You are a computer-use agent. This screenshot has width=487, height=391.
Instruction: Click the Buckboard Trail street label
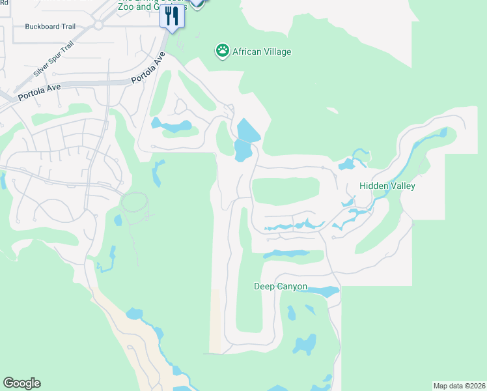pos(50,27)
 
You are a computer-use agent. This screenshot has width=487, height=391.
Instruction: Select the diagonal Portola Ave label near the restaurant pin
pos(148,68)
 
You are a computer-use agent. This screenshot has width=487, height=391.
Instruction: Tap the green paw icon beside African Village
pos(223,51)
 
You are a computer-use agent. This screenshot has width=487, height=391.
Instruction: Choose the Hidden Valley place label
pos(387,186)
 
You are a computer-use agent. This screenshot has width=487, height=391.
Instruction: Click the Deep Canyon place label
pos(280,287)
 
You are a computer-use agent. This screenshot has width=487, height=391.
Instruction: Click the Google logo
pos(21,383)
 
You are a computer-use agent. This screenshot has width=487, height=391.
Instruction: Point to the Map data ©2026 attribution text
pos(459,386)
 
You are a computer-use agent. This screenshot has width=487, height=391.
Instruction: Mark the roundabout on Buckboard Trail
pos(98,25)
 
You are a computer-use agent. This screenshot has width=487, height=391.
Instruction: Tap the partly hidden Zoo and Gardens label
pos(151,6)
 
